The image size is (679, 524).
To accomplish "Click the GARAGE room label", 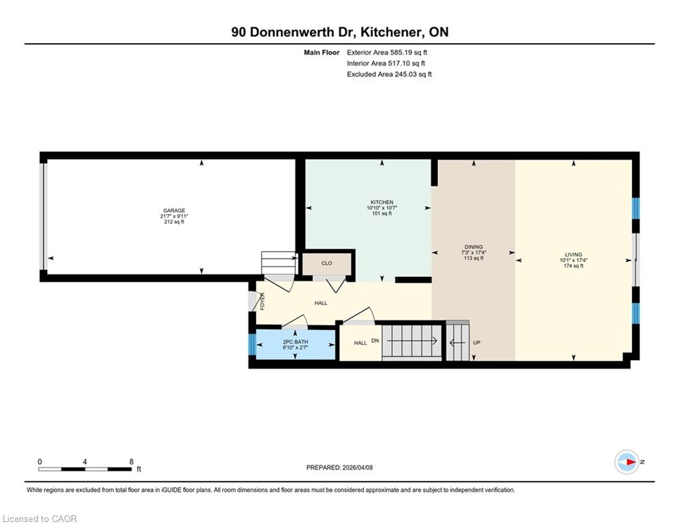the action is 174,210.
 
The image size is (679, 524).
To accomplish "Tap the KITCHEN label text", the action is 382,202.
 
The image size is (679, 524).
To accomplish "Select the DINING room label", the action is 474,247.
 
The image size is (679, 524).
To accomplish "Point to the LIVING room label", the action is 573,254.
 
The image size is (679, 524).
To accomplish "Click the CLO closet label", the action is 326,263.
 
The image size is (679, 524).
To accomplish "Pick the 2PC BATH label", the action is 295,342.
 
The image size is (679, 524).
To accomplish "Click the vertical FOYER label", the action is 262,302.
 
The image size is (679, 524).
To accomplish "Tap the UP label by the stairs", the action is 477,343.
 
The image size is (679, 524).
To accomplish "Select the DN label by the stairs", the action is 375,340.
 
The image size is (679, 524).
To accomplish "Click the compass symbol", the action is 626,462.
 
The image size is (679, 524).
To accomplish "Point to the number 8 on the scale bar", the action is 131,462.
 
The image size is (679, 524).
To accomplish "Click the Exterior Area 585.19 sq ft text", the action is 387,53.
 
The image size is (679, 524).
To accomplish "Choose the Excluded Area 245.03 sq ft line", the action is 389,74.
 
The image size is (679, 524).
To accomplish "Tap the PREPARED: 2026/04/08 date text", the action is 340,467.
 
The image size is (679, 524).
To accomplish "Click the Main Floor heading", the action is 321,53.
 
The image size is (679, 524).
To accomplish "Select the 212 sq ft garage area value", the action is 174,222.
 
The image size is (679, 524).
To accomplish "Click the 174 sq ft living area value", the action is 573,266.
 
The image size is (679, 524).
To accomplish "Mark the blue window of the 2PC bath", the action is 252,345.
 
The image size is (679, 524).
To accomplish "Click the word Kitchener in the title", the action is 392,32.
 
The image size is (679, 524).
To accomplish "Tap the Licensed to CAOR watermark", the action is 40,519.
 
